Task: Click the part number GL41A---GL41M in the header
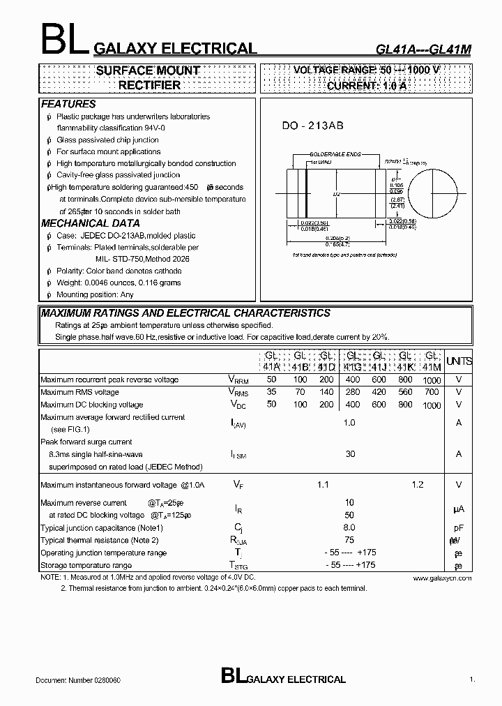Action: click(423, 50)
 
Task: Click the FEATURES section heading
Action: click(68, 104)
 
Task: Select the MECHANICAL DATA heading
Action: click(85, 223)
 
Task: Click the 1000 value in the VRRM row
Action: click(432, 380)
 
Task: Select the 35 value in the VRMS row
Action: click(271, 392)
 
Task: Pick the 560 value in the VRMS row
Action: click(404, 392)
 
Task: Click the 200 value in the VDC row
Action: click(326, 405)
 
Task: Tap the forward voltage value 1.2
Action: click(418, 485)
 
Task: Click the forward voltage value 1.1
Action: click(323, 485)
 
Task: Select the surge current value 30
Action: click(350, 454)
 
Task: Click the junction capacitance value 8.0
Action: click(349, 528)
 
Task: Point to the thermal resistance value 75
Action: click(349, 540)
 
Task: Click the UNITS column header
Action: click(459, 361)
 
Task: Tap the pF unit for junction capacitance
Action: click(459, 528)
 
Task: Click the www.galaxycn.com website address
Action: click(442, 578)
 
